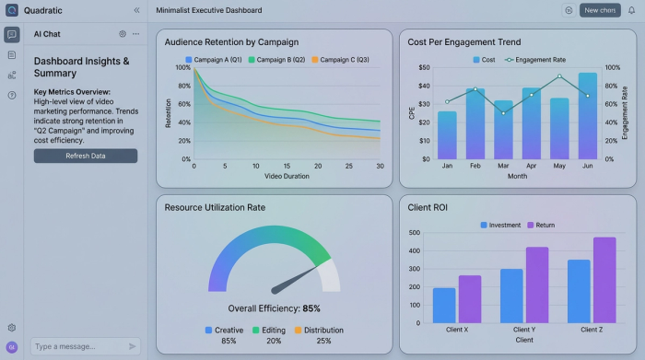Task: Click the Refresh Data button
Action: [x=86, y=156]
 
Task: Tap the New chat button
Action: [x=600, y=10]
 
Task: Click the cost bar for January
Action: [x=447, y=134]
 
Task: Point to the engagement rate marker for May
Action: [x=559, y=76]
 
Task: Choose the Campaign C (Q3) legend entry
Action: [x=340, y=60]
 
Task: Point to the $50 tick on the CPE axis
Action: [x=424, y=67]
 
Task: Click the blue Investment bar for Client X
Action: [x=444, y=305]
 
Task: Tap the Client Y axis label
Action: [x=523, y=330]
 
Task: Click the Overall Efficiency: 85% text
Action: [x=274, y=308]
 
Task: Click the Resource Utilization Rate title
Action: [x=215, y=207]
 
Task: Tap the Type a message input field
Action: [x=77, y=346]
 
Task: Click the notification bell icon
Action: [x=631, y=10]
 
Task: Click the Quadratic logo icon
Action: [x=11, y=10]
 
